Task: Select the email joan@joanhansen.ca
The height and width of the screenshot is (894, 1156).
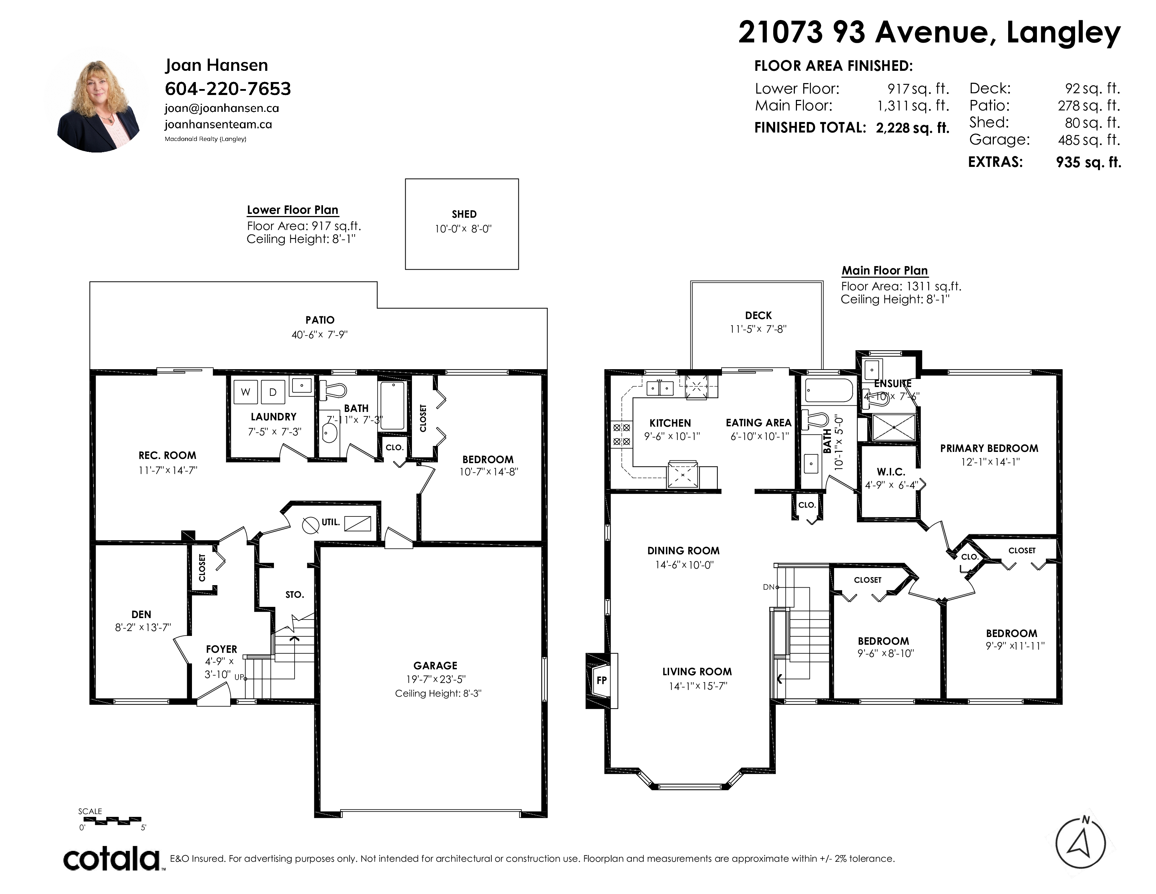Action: pyautogui.click(x=222, y=108)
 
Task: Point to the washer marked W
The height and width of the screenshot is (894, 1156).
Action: pyautogui.click(x=246, y=392)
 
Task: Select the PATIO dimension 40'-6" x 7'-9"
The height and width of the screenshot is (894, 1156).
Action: pyautogui.click(x=320, y=335)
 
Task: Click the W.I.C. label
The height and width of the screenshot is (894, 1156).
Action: pyautogui.click(x=891, y=471)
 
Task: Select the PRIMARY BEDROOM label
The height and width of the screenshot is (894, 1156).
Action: pyautogui.click(x=989, y=448)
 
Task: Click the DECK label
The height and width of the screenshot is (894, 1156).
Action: pyautogui.click(x=758, y=315)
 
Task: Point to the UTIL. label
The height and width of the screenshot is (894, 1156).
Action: pyautogui.click(x=331, y=522)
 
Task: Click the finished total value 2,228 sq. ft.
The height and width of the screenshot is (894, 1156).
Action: pyautogui.click(x=913, y=128)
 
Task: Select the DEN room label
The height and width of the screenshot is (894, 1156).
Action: pyautogui.click(x=141, y=614)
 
